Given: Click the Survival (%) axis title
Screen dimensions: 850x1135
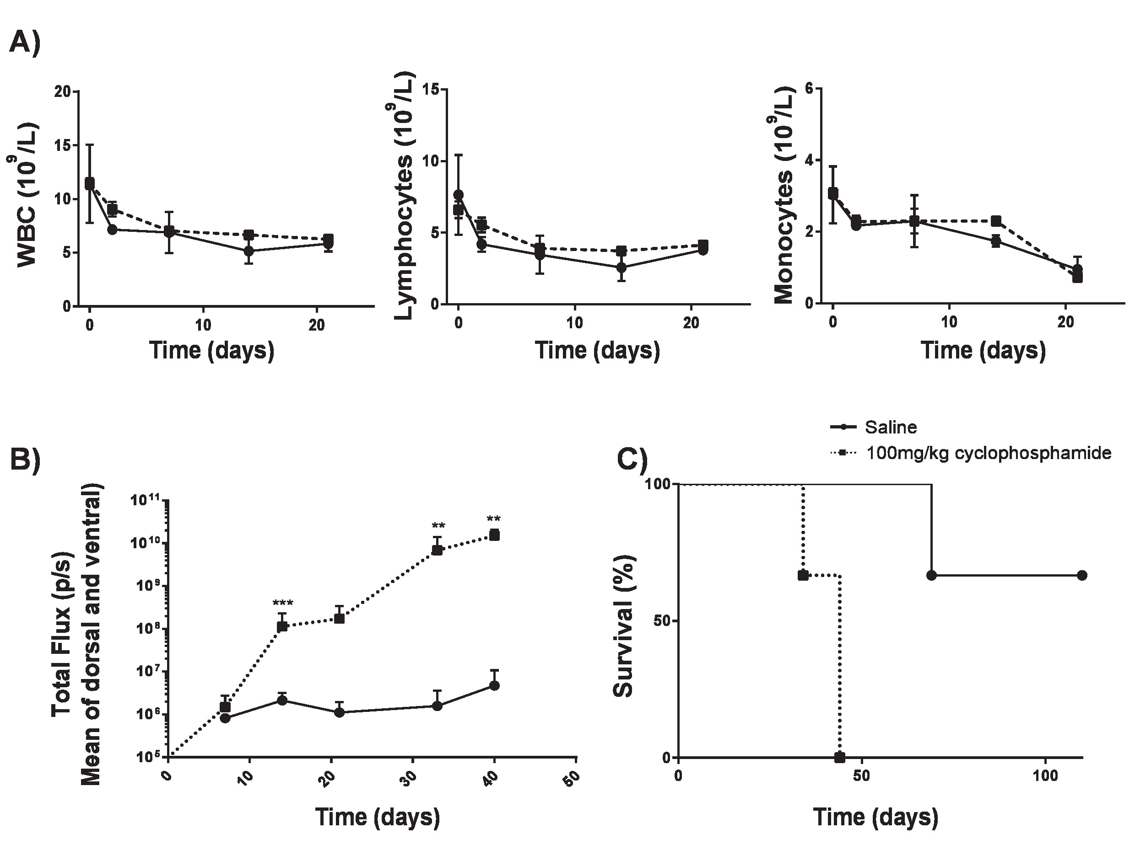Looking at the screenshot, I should [x=624, y=626].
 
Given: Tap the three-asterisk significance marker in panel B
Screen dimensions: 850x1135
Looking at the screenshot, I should [x=283, y=604].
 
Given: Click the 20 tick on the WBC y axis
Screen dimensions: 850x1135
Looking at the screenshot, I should [x=63, y=92].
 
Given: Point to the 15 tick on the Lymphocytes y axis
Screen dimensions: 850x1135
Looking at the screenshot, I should [x=432, y=90].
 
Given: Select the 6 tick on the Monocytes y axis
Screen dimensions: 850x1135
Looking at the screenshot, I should [x=810, y=89].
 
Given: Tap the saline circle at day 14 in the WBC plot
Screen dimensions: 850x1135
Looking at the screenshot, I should [x=249, y=251].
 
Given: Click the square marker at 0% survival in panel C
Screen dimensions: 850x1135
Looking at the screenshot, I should [x=839, y=757].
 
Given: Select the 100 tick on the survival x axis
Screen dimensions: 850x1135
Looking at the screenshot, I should [x=1045, y=775].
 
